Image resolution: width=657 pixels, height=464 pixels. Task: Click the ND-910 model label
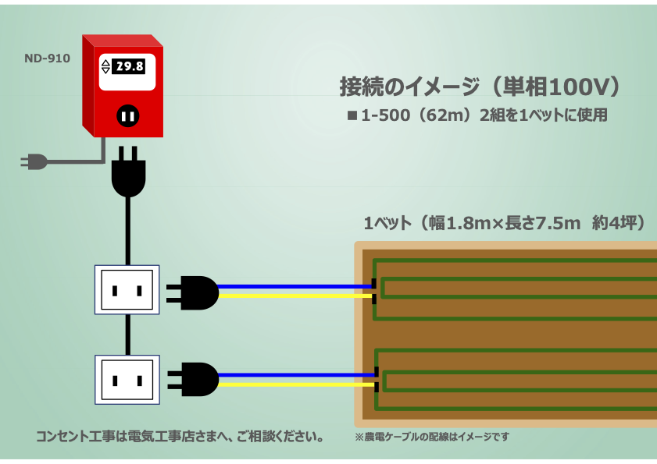(x=47, y=57)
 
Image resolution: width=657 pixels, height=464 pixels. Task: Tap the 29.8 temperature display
(x=129, y=67)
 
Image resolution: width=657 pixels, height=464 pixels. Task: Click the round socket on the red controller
(x=127, y=116)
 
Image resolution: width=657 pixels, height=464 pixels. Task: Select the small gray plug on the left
(x=34, y=161)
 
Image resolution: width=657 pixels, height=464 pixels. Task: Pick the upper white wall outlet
(x=127, y=290)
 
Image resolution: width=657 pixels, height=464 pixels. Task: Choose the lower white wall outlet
(x=127, y=380)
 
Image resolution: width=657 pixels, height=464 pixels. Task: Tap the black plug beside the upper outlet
(x=195, y=292)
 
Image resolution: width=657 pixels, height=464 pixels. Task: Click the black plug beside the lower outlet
(x=195, y=379)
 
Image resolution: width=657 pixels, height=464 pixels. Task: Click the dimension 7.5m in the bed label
(x=554, y=223)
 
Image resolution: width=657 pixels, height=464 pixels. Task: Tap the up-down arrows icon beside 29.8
(x=106, y=67)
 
